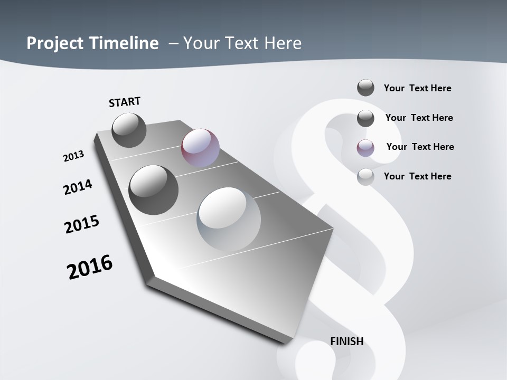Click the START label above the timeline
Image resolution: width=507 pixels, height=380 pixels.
click(x=125, y=102)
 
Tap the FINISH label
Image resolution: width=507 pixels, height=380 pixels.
click(x=347, y=341)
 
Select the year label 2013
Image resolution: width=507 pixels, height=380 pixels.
click(x=73, y=156)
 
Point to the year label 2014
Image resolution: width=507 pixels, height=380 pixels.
click(x=78, y=187)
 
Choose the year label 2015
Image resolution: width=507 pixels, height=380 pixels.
click(x=82, y=224)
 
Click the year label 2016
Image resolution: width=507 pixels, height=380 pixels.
click(x=90, y=267)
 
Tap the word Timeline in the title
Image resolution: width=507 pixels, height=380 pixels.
click(x=124, y=43)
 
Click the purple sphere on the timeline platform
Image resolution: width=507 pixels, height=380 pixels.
click(x=200, y=148)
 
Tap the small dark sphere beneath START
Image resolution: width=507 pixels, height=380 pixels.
click(x=129, y=130)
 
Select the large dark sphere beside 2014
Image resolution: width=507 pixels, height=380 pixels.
click(x=153, y=189)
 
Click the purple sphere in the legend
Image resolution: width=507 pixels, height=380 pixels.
click(x=365, y=147)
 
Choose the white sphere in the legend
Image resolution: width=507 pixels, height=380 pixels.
click(x=365, y=177)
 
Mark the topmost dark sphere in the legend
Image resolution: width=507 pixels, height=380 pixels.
click(x=365, y=88)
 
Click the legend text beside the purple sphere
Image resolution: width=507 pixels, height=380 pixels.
click(x=420, y=147)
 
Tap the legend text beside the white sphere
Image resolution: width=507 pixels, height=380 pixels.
click(x=417, y=176)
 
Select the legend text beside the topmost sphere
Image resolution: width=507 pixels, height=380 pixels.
click(x=417, y=88)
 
